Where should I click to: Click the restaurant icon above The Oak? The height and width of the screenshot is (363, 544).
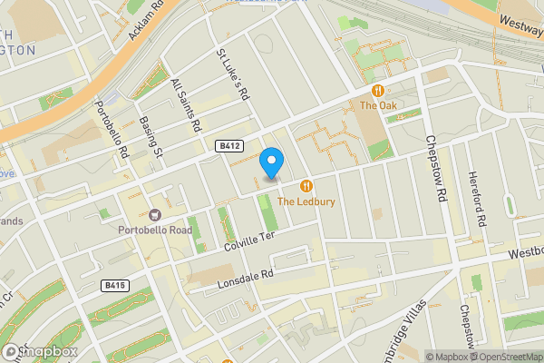coord(378,91)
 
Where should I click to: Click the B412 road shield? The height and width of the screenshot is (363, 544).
coord(228,145)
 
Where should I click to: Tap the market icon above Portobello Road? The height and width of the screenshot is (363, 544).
coord(155,215)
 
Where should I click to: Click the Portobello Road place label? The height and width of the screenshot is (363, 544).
coord(155,230)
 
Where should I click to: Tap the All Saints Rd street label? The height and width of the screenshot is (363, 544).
coord(186,107)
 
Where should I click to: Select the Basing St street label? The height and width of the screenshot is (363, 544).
coord(151,138)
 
